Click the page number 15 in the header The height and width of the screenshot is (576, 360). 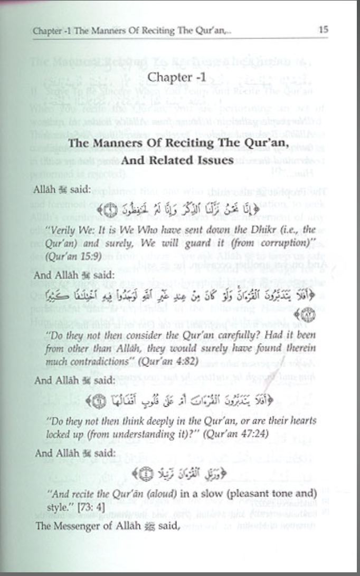323,30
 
